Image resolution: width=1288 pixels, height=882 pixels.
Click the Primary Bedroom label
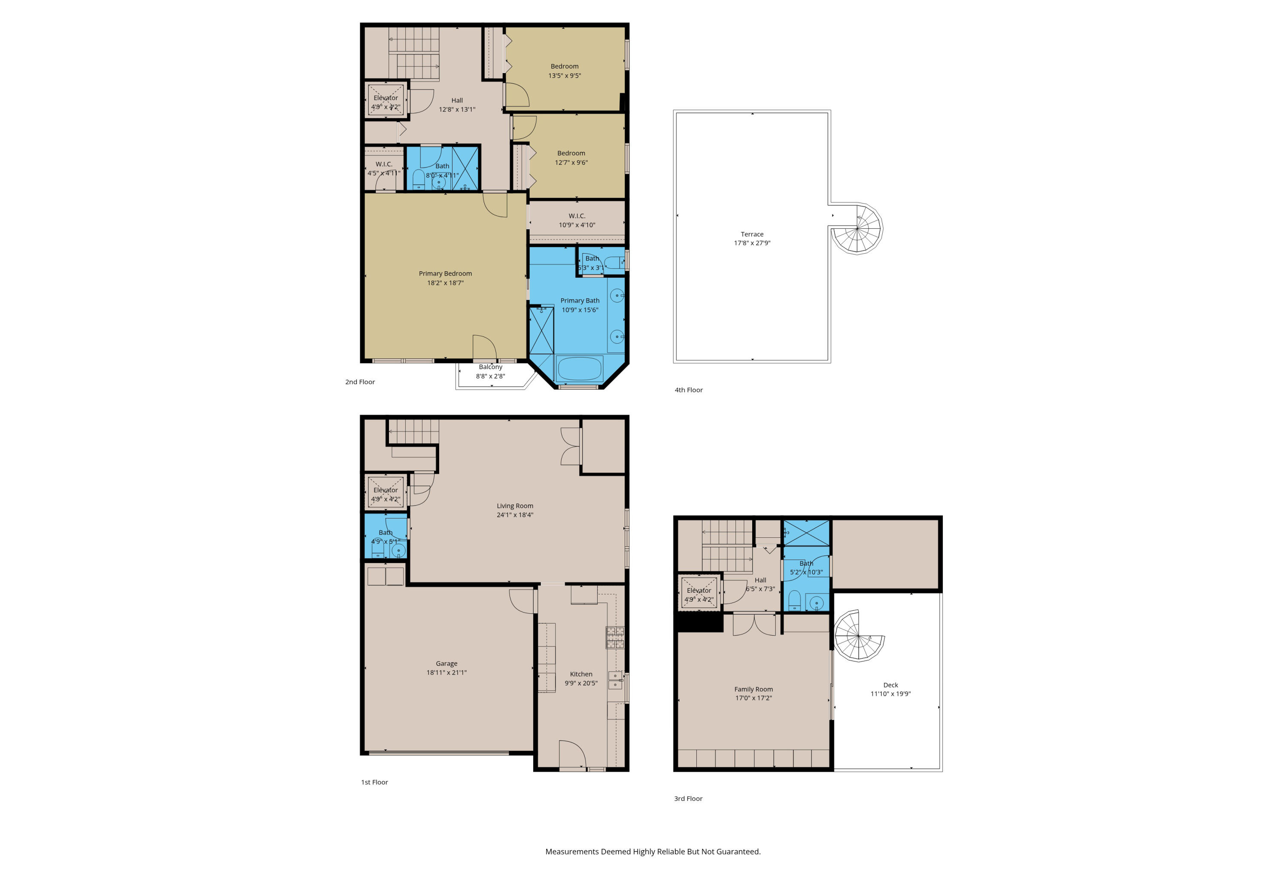click(x=445, y=274)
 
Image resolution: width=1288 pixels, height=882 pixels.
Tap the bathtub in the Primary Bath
click(x=579, y=368)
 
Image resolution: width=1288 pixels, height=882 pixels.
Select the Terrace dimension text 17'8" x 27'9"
click(x=752, y=243)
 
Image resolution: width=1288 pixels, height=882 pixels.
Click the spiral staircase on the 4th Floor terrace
click(x=857, y=228)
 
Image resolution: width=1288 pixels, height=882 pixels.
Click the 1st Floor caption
click(x=375, y=782)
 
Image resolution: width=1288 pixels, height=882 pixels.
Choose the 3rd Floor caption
click(x=688, y=798)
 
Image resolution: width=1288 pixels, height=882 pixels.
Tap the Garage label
click(x=447, y=664)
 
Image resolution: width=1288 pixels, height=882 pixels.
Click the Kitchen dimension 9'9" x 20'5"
click(x=581, y=683)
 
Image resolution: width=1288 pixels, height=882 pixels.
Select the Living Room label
click(x=515, y=506)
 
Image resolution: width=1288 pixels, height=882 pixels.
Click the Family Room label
click(x=753, y=689)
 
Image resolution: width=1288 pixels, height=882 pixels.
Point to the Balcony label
click(x=490, y=367)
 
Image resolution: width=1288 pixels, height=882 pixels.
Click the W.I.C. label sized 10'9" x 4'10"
click(x=577, y=216)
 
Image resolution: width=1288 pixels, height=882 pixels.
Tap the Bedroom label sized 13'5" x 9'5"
click(x=564, y=67)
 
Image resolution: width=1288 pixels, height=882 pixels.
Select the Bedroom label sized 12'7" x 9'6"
click(x=571, y=154)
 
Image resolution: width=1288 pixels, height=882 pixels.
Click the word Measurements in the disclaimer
click(x=571, y=852)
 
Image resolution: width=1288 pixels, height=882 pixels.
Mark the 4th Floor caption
click(x=688, y=390)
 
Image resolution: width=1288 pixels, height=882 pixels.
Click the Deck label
click(x=890, y=685)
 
